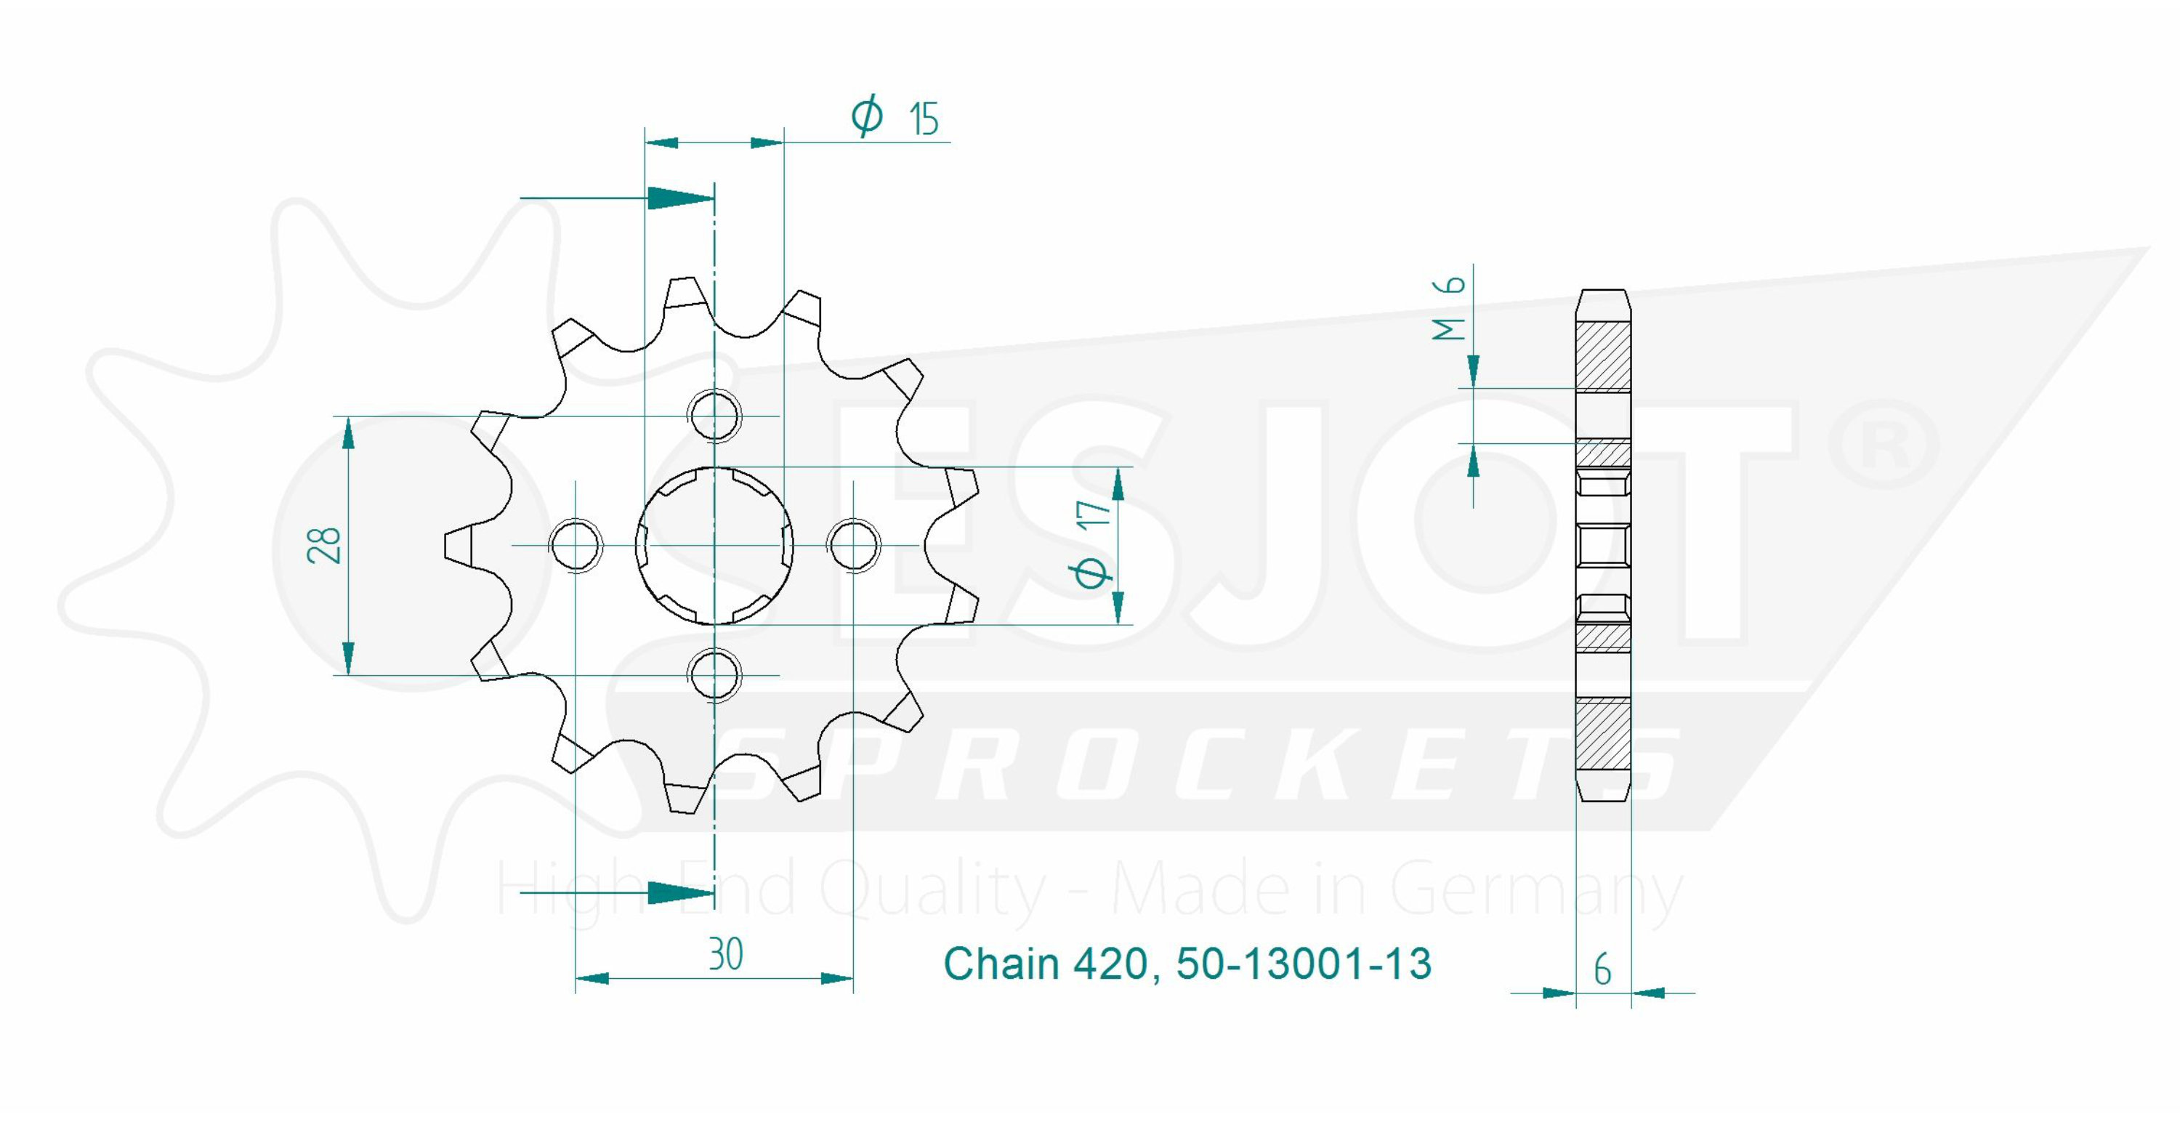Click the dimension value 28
point(325,546)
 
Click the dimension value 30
point(725,954)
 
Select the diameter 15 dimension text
point(896,118)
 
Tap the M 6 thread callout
point(1450,307)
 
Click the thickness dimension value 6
point(1603,969)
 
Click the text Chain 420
point(1045,964)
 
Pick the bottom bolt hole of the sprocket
point(715,675)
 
